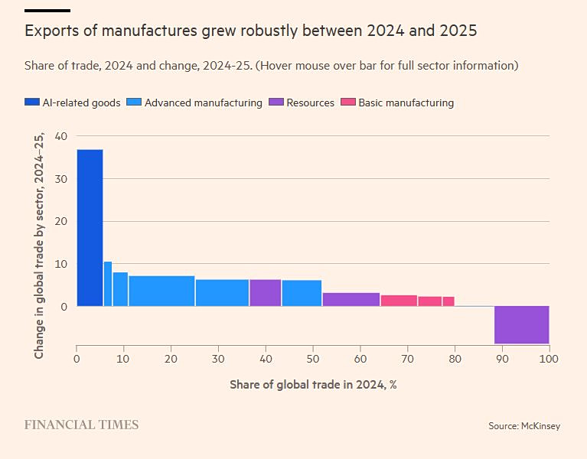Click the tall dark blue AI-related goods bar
pos(90,227)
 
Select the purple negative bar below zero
pos(521,325)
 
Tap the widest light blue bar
pos(161,291)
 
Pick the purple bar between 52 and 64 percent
pos(351,299)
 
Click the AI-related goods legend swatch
pos(32,103)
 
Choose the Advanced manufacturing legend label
pos(203,103)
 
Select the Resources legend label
pos(310,103)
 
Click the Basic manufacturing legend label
pos(406,103)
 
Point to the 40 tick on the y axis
pos(61,136)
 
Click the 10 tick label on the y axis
pos(61,264)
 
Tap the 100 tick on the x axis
pos(549,359)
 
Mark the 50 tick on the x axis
pos(313,359)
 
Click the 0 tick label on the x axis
pos(77,359)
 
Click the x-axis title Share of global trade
pos(313,384)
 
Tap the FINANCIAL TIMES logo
pos(81,425)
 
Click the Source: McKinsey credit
pos(524,425)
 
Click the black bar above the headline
pos(47,11)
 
